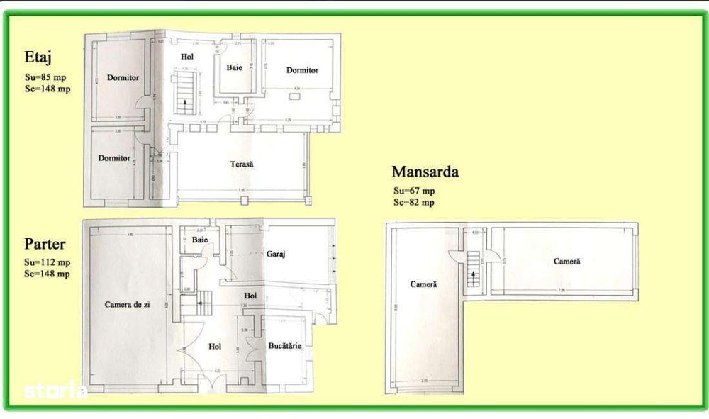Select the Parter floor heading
pyautogui.click(x=45, y=244)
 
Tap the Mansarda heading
pyautogui.click(x=425, y=172)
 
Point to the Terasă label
pyautogui.click(x=242, y=164)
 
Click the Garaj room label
pyautogui.click(x=276, y=253)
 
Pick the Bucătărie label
pyautogui.click(x=285, y=345)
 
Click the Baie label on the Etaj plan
pyautogui.click(x=235, y=68)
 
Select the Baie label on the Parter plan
pyautogui.click(x=200, y=240)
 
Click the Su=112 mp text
pyautogui.click(x=48, y=262)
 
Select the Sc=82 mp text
pyautogui.click(x=414, y=202)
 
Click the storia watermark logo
pyautogui.click(x=55, y=390)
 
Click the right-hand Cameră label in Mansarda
pyautogui.click(x=566, y=261)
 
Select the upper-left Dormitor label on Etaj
pyautogui.click(x=123, y=77)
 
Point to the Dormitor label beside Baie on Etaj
pyautogui.click(x=302, y=70)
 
